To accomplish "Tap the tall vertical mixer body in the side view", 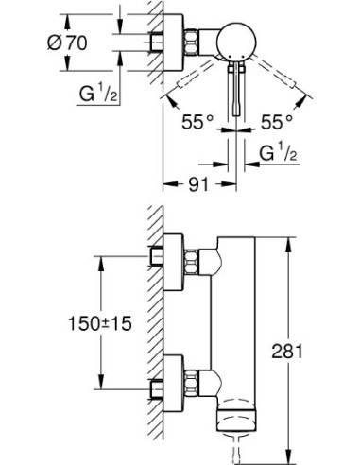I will (241, 321).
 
